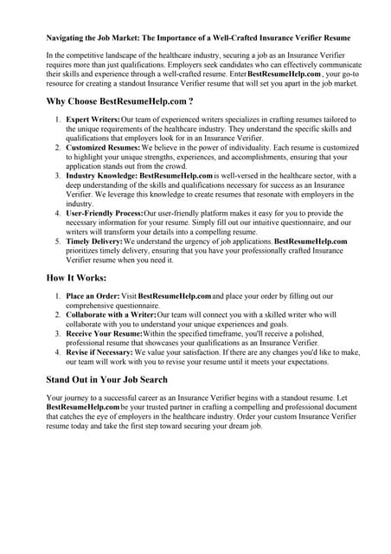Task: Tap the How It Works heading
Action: (x=76, y=278)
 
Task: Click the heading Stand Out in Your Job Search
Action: (x=106, y=379)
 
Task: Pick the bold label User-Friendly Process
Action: (x=105, y=213)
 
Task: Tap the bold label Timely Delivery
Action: (x=93, y=242)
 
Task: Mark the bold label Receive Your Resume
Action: (x=103, y=334)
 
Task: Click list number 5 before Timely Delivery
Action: (x=57, y=242)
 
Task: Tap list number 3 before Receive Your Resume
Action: (x=57, y=334)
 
